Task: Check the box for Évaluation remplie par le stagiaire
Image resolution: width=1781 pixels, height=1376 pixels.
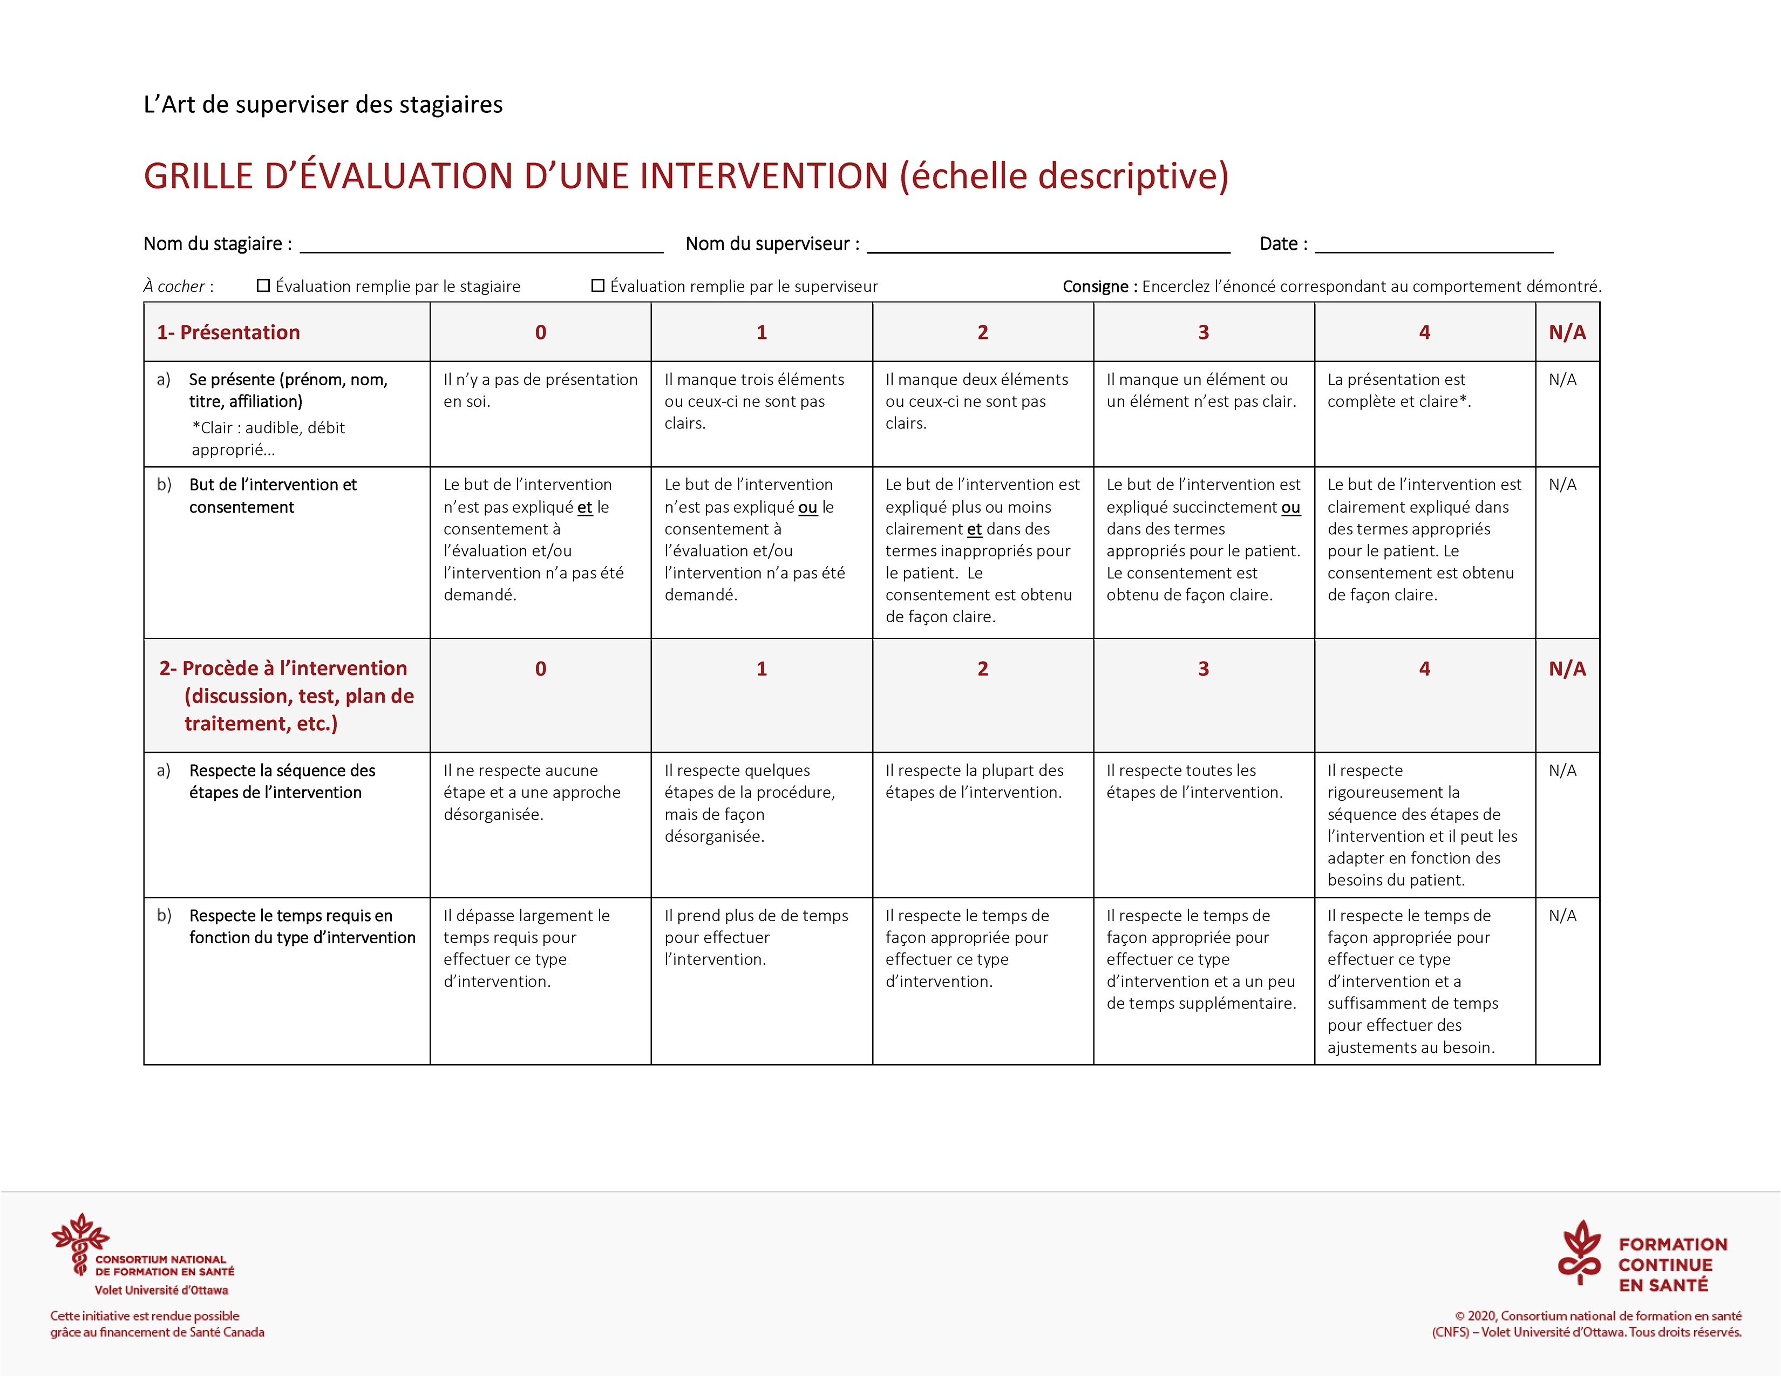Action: coord(263,285)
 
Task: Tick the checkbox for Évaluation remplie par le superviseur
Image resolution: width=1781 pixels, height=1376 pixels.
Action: coord(598,285)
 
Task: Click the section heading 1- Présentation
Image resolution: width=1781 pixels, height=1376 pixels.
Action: coord(228,332)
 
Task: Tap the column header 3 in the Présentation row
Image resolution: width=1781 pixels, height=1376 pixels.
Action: coord(1203,332)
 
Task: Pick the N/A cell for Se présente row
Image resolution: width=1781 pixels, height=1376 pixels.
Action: coord(1562,380)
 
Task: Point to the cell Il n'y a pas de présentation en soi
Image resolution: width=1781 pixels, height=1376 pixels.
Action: coord(540,391)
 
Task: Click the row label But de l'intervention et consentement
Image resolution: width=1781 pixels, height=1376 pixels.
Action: coord(273,495)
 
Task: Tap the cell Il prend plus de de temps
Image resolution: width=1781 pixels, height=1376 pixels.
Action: coord(756,937)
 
